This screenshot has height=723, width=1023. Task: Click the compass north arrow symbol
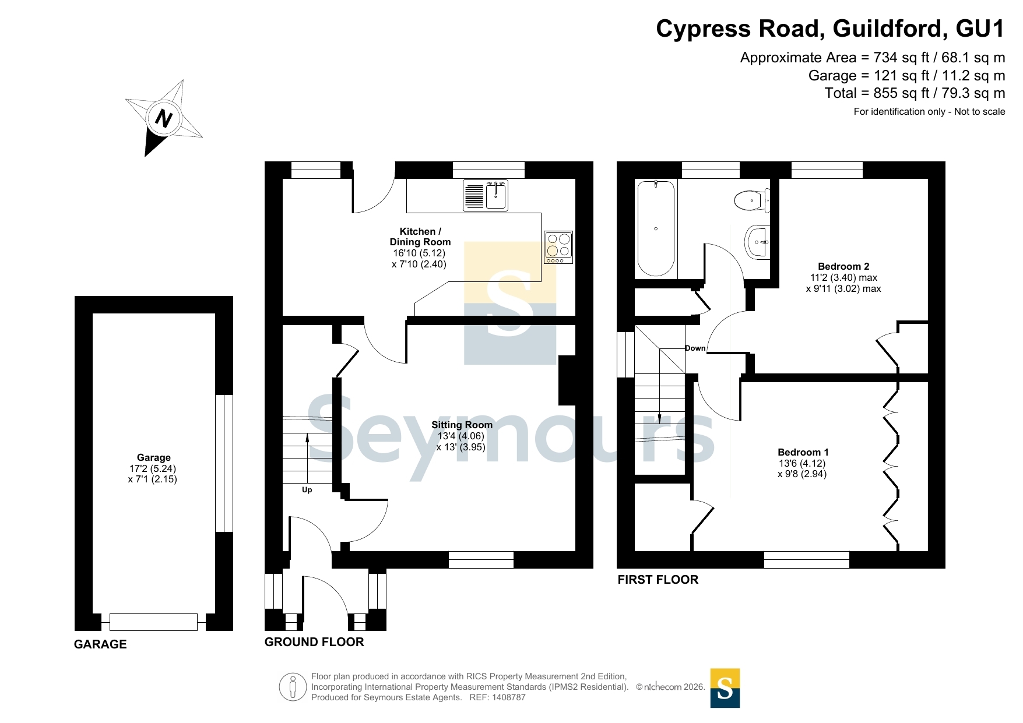[164, 118]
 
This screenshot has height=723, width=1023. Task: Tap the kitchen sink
[486, 195]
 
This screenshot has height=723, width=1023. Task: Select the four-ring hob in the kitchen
[558, 247]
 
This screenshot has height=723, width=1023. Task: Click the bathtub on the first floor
[656, 228]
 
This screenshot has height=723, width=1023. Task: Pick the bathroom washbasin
[757, 241]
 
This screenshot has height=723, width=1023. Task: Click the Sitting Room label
[462, 425]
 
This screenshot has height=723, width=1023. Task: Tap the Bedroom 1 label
[803, 452]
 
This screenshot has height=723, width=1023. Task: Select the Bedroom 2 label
[843, 266]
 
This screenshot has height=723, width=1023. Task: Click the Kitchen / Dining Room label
[420, 237]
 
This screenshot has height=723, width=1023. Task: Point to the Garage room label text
[153, 457]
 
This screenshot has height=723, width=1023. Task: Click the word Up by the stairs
[307, 490]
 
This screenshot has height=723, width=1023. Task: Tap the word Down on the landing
[695, 348]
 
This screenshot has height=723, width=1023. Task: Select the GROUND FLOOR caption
[314, 642]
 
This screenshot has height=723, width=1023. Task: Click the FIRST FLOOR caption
[658, 580]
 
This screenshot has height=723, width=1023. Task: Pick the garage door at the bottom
[153, 622]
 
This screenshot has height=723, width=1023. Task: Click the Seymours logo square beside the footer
[725, 688]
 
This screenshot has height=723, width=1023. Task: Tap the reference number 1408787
[509, 697]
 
